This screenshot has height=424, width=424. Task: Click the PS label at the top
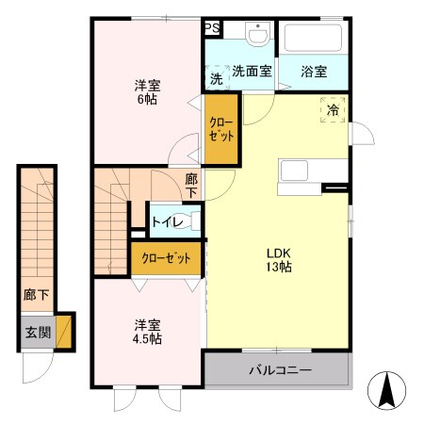click(x=213, y=28)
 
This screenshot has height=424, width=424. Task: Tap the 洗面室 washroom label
click(x=252, y=71)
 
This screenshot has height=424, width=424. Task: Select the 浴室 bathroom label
click(x=314, y=71)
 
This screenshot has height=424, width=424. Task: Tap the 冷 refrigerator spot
click(x=333, y=109)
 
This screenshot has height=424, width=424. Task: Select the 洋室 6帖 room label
click(x=146, y=90)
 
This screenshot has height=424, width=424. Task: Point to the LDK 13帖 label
click(x=278, y=260)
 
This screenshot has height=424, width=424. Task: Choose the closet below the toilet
click(x=166, y=257)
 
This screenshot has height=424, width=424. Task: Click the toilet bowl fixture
click(x=194, y=222)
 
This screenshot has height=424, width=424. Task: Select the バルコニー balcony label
click(x=280, y=368)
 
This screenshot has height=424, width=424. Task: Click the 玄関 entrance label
click(x=37, y=332)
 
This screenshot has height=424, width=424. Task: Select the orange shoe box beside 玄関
click(x=64, y=332)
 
